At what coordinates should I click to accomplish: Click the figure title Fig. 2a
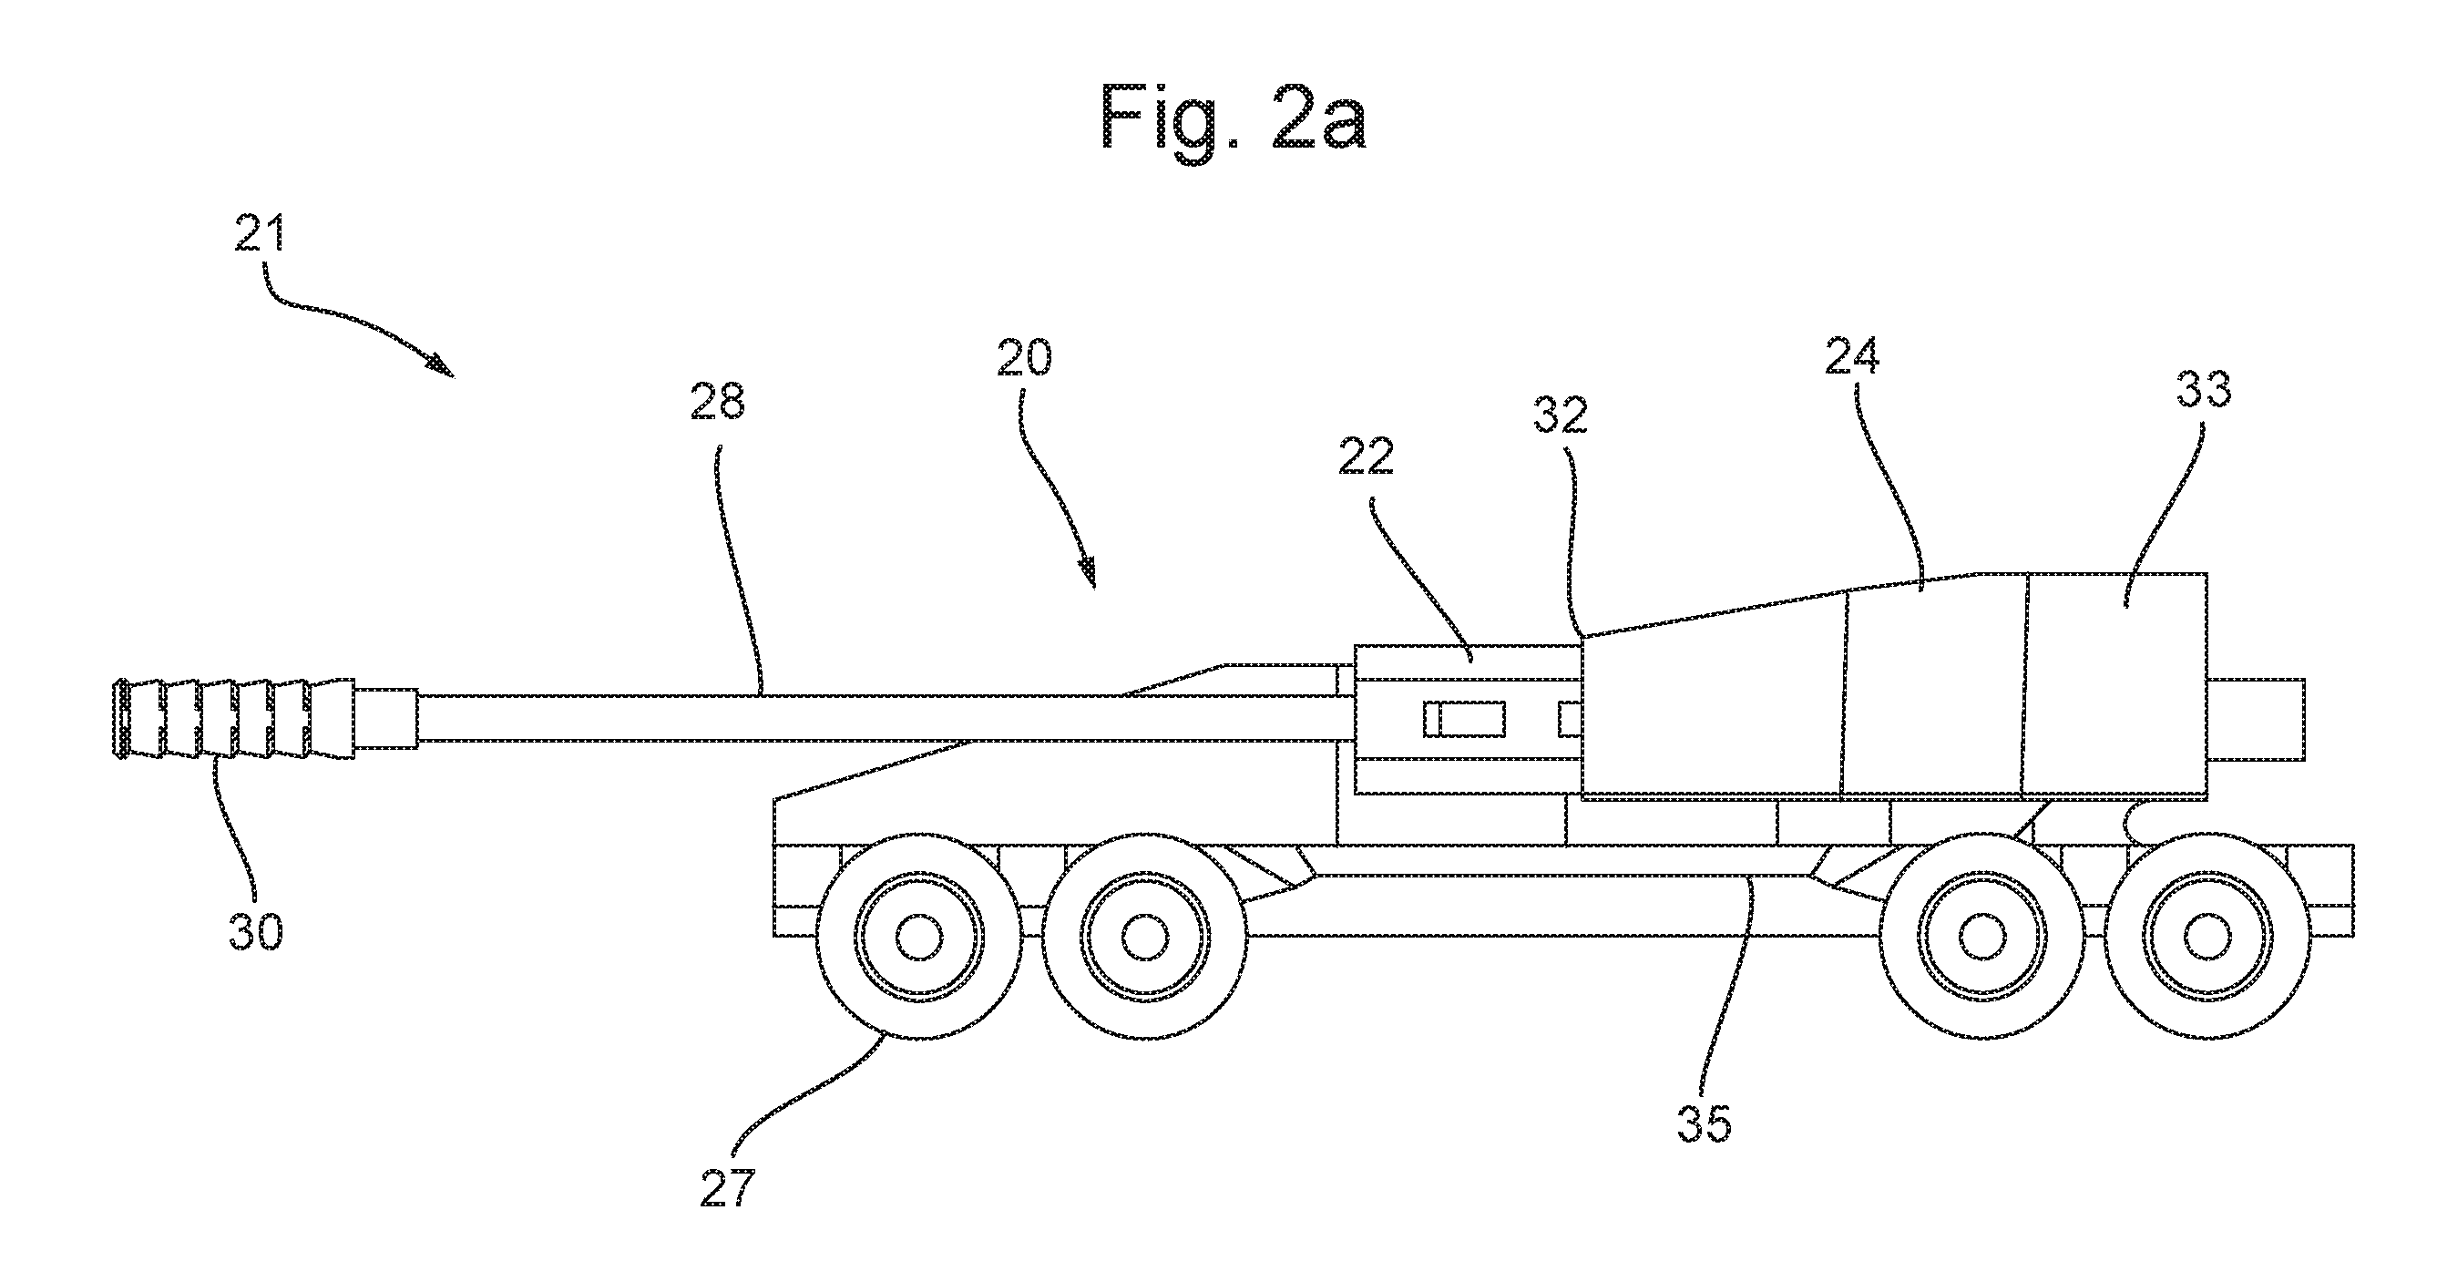pyautogui.click(x=1233, y=118)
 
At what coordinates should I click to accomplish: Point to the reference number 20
pyautogui.click(x=1025, y=358)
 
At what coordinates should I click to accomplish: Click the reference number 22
pyautogui.click(x=1366, y=457)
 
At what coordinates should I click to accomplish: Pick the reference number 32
pyautogui.click(x=1560, y=415)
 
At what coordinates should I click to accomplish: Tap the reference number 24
pyautogui.click(x=1852, y=355)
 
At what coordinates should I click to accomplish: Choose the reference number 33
pyautogui.click(x=2205, y=388)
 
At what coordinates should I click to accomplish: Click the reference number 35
pyautogui.click(x=1705, y=1123)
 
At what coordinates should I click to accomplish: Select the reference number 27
pyautogui.click(x=728, y=1187)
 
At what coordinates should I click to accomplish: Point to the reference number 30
pyautogui.click(x=255, y=931)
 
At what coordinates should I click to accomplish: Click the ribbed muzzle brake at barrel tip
pyautogui.click(x=233, y=718)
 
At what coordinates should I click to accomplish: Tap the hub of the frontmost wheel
pyautogui.click(x=917, y=938)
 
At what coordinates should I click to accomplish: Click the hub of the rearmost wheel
pyautogui.click(x=2207, y=938)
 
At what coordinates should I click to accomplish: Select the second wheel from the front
pyautogui.click(x=1146, y=938)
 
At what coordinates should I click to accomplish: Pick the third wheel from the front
pyautogui.click(x=1980, y=938)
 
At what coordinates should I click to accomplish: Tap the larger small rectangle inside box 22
pyautogui.click(x=1464, y=720)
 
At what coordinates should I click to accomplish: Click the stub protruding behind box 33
pyautogui.click(x=2256, y=719)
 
